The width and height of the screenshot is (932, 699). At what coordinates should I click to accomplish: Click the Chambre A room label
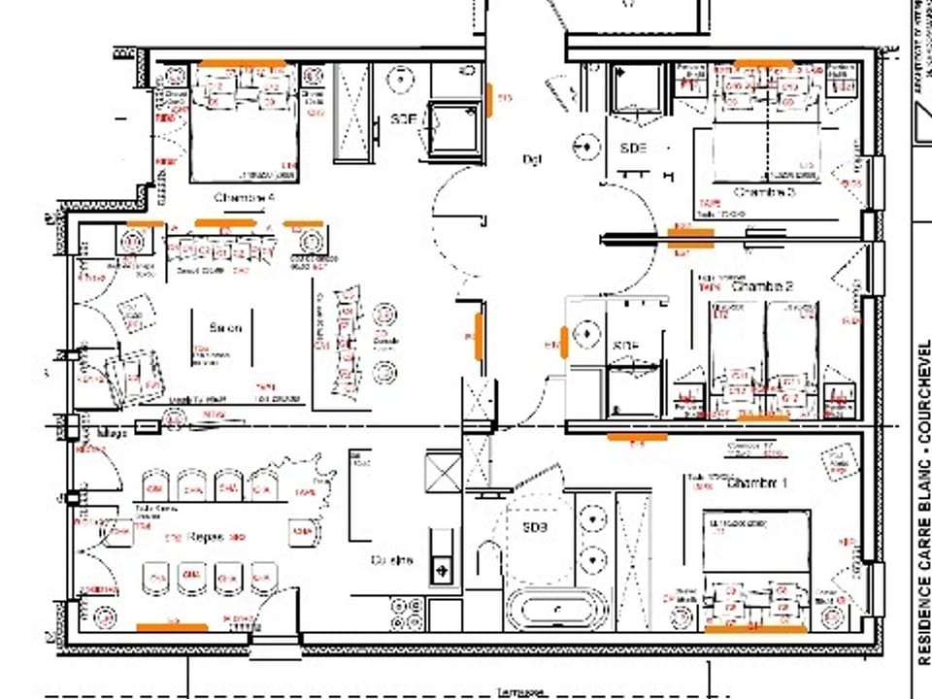245,197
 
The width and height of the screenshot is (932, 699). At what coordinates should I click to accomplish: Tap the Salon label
225,328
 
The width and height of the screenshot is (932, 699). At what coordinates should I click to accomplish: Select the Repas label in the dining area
206,537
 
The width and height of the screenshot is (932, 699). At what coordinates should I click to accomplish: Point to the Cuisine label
391,560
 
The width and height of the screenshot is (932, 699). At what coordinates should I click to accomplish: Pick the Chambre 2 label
762,287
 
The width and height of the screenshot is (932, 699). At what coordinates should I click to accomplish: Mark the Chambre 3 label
764,192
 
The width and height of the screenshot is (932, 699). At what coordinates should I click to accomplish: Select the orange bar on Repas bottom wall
172,627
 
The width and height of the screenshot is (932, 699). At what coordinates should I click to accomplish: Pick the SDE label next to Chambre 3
632,148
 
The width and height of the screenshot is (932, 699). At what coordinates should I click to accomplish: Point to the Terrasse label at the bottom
518,692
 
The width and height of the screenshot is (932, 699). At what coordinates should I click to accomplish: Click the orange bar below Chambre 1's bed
755,628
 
